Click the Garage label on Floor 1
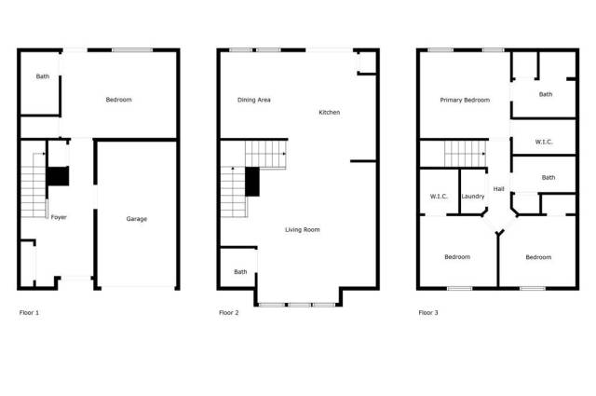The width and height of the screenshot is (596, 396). tap(137, 219)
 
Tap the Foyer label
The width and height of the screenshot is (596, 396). tap(59, 217)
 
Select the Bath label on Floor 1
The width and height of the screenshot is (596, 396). tap(43, 76)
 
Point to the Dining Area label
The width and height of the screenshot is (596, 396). tap(254, 100)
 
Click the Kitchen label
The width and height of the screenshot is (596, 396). tap(329, 112)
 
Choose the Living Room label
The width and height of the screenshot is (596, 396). tap(302, 230)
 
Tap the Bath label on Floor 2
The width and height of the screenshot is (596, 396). tap(240, 272)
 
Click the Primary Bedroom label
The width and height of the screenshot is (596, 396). tap(465, 100)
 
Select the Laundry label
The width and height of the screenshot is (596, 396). tap(473, 197)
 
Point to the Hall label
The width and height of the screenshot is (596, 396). tap(499, 188)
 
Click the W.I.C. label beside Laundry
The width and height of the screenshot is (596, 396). tap(439, 197)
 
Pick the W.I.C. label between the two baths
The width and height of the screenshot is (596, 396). tap(544, 142)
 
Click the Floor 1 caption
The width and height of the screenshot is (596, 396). tap(29, 313)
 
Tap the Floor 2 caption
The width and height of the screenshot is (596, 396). tap(228, 313)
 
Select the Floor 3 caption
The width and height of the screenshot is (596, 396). tap(428, 313)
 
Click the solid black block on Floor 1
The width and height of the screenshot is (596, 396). tap(58, 176)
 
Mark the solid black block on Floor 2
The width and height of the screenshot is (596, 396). tap(252, 182)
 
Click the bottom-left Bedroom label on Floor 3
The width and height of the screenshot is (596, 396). tap(457, 257)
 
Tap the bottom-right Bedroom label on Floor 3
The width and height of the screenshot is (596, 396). tap(538, 257)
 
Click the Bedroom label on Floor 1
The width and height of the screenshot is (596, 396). tap(118, 100)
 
